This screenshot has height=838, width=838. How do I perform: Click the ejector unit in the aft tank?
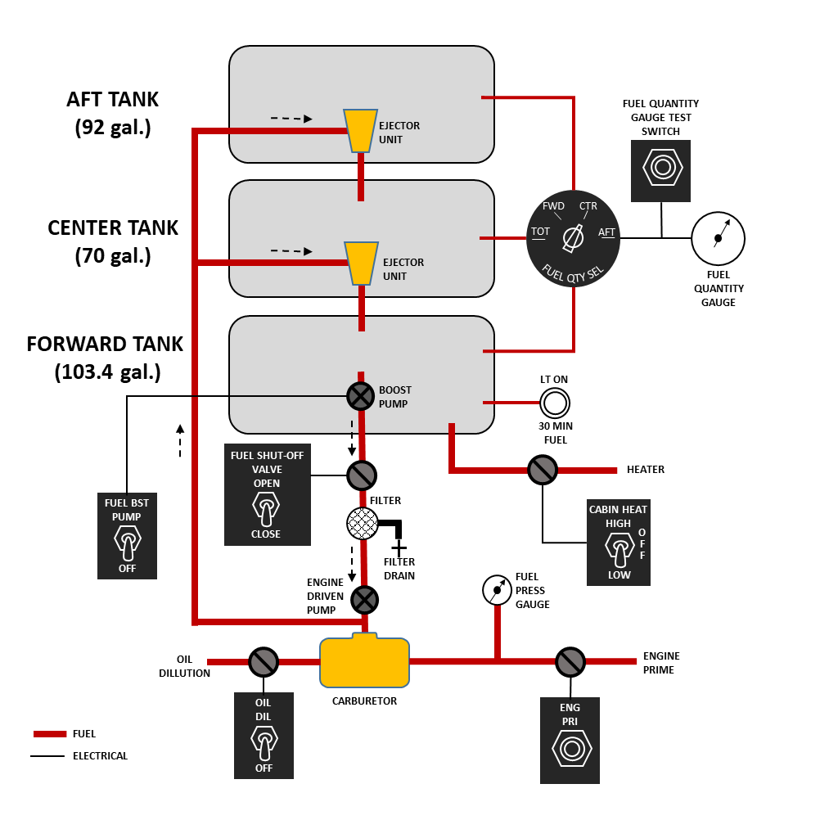(360, 131)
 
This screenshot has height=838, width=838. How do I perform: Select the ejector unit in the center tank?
(361, 263)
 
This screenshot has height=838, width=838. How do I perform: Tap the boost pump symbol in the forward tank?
(360, 397)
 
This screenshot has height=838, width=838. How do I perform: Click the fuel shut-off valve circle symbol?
(362, 475)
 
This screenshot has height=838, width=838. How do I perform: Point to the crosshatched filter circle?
(363, 523)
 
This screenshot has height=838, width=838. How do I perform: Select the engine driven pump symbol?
(364, 600)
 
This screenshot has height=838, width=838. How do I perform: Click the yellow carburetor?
(364, 660)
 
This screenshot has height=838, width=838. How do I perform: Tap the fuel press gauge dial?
(497, 590)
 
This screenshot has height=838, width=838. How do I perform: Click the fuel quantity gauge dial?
(718, 238)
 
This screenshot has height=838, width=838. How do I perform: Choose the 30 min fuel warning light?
(555, 403)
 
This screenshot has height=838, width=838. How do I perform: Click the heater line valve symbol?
(543, 470)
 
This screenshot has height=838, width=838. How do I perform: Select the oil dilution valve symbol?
(264, 661)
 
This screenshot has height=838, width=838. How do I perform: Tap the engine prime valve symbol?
(570, 661)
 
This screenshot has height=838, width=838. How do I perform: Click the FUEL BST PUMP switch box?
(127, 535)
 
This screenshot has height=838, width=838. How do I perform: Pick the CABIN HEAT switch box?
(619, 543)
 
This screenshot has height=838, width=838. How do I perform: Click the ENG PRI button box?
(570, 740)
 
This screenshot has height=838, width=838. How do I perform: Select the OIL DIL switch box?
(264, 736)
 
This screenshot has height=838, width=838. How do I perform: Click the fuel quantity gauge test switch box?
(660, 171)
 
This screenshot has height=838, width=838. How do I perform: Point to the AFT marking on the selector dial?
(606, 232)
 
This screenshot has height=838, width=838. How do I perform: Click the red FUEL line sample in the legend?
(50, 734)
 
